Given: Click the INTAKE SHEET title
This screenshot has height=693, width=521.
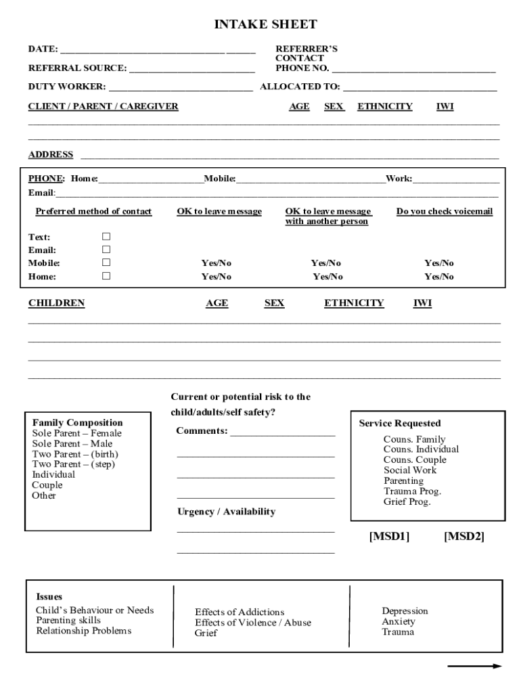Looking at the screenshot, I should click(x=265, y=25).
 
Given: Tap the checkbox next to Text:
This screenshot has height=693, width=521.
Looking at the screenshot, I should click(x=106, y=237).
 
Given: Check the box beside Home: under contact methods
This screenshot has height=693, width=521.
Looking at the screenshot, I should click(x=106, y=276).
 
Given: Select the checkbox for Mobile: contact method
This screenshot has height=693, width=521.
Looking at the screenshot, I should click(x=106, y=263).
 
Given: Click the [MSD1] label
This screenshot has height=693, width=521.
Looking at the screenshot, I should click(x=389, y=537).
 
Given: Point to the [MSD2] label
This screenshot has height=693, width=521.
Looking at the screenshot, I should click(x=463, y=537).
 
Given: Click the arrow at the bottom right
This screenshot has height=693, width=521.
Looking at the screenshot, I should click(x=474, y=667).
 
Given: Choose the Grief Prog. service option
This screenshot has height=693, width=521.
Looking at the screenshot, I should click(x=407, y=502).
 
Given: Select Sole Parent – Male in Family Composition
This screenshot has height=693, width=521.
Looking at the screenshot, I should click(x=72, y=443).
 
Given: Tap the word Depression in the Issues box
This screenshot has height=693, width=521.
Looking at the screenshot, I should click(x=405, y=611).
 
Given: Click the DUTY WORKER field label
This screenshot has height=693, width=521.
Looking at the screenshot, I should click(x=67, y=87).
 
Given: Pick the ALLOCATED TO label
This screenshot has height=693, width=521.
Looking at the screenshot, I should click(x=300, y=87).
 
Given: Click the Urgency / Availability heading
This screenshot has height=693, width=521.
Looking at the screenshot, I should click(x=226, y=512).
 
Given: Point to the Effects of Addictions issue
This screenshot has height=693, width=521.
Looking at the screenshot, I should click(x=240, y=612).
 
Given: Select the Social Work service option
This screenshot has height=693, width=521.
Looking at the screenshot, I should click(x=410, y=470).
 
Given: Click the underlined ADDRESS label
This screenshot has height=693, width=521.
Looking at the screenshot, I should click(x=51, y=154).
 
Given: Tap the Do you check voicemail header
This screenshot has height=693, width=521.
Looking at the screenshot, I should click(x=445, y=212).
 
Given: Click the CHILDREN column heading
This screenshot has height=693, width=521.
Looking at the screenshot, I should click(x=56, y=303).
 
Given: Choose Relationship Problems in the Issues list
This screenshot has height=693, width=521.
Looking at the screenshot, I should click(x=83, y=631).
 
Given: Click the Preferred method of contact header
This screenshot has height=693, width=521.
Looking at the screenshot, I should click(x=93, y=212).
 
